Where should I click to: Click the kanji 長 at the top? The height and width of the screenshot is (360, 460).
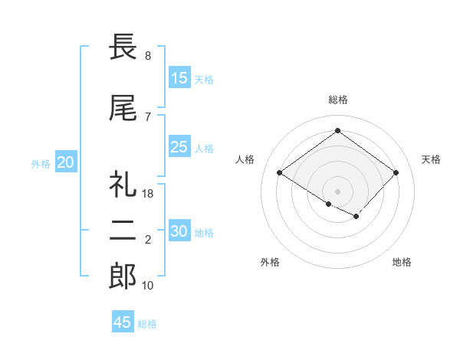tap(123, 47)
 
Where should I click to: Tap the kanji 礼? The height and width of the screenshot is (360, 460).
tap(123, 185)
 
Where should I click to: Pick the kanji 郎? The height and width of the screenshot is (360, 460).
tap(123, 277)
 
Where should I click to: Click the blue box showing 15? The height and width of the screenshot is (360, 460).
tap(179, 78)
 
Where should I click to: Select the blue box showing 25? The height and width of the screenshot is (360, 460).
tap(179, 148)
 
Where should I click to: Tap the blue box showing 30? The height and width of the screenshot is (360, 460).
tap(179, 232)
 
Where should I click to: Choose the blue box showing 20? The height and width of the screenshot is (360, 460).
tap(66, 162)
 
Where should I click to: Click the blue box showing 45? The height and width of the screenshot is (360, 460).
tap(123, 322)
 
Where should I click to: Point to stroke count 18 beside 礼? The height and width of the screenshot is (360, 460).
tap(148, 193)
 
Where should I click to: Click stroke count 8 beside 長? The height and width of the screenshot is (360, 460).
tap(147, 56)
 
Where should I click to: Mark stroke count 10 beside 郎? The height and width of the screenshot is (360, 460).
tap(148, 286)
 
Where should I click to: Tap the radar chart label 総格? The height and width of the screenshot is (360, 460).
tap(337, 100)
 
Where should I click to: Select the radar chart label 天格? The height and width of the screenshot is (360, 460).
tap(431, 159)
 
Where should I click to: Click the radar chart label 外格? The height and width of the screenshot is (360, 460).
tap(270, 262)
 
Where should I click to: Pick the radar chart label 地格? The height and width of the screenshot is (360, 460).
tap(402, 262)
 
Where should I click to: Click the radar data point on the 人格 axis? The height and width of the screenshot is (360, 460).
tap(280, 173)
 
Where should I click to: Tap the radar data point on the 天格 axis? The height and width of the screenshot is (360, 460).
tap(396, 173)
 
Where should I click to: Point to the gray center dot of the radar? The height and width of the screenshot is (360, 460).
tap(337, 190)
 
